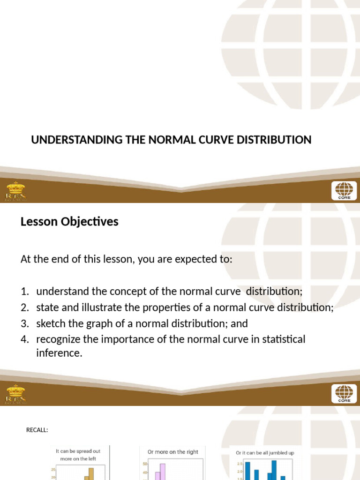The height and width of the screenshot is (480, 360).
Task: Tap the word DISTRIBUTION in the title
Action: click(x=277, y=140)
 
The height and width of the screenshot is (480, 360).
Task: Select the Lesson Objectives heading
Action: click(x=69, y=222)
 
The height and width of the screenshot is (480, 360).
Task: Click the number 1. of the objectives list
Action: click(x=25, y=292)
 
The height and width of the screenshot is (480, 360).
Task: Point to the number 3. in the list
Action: click(x=25, y=323)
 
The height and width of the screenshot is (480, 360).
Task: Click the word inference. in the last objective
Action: click(x=59, y=353)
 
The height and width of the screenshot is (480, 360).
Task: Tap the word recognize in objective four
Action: click(x=58, y=339)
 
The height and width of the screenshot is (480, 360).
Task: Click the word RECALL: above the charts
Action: click(x=37, y=430)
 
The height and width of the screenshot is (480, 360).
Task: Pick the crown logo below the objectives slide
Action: click(x=15, y=394)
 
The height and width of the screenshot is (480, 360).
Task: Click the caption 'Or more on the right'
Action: click(x=173, y=452)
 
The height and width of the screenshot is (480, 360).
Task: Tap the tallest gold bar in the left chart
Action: click(x=91, y=473)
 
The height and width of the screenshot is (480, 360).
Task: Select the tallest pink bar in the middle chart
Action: click(x=163, y=472)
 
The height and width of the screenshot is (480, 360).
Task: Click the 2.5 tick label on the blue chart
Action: click(x=239, y=463)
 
